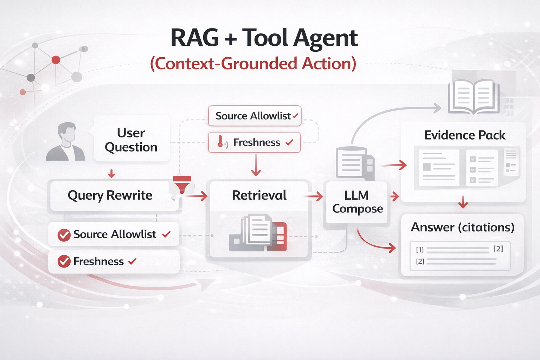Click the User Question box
[131, 140]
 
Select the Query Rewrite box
[110, 195]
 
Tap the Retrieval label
[259, 195]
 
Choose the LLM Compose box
[357, 202]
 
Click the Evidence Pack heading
[464, 135]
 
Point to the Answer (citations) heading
[463, 227]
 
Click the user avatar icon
[66, 142]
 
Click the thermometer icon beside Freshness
[220, 142]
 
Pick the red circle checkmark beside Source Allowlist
[64, 235]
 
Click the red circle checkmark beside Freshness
[64, 262]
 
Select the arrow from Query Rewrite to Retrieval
[197, 196]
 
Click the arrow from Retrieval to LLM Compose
[315, 196]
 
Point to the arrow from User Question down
[111, 173]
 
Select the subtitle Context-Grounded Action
[253, 64]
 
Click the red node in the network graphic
[56, 60]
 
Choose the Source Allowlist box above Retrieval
[255, 116]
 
